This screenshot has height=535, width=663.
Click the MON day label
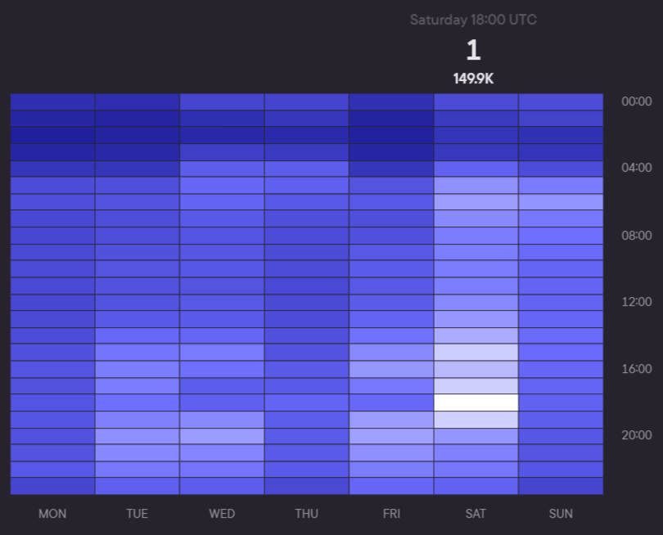pos(52,514)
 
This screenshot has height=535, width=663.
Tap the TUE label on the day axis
pos(137,514)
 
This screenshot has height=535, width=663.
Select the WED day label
pos(222,514)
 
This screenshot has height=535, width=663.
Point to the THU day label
pos(306,514)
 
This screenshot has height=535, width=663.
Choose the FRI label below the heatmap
pos(391,514)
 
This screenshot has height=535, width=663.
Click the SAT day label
pos(476,514)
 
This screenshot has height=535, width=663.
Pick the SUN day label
pos(561,514)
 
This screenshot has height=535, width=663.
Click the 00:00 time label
pos(637,101)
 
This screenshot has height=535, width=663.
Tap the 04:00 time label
pos(637,168)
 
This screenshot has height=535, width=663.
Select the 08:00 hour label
pos(637,236)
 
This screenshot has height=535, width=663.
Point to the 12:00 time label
pos(637,302)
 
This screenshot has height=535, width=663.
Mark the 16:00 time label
pos(637,369)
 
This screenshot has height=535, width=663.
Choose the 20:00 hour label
pos(637,435)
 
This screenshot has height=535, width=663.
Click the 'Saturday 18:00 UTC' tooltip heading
pos(473,20)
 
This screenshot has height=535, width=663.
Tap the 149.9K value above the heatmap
pos(473,79)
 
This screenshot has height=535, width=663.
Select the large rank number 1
pos(473,51)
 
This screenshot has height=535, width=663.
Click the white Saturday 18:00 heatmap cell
pos(476,402)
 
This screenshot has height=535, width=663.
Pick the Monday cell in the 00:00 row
pos(52,101)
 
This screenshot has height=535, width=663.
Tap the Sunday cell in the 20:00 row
pos(561,436)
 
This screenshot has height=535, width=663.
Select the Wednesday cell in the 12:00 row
pos(222,302)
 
